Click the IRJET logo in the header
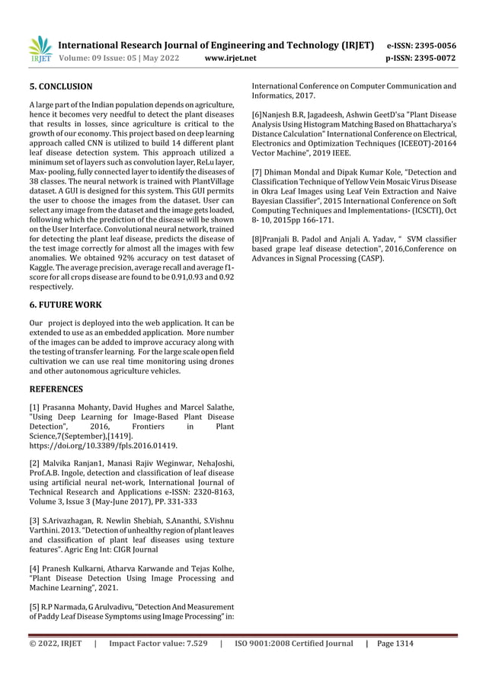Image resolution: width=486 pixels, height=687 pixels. pos(40,48)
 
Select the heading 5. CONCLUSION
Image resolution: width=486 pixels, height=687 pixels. pos(60,87)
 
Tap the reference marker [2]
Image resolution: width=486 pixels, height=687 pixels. pos(35,463)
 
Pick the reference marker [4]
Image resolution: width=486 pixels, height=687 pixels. pos(35,567)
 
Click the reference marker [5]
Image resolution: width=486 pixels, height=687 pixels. pos(35,606)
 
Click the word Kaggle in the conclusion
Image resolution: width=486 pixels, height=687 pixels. pos(40,269)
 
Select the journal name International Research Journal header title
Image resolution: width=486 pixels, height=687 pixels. pos(215,44)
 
